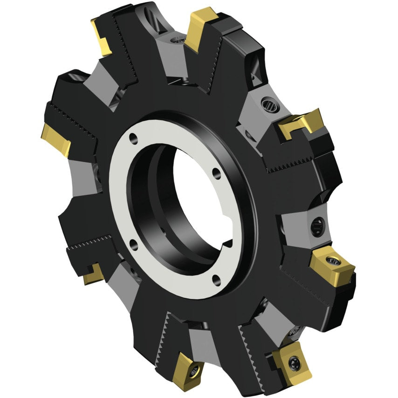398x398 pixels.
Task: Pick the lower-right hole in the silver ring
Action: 216,280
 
